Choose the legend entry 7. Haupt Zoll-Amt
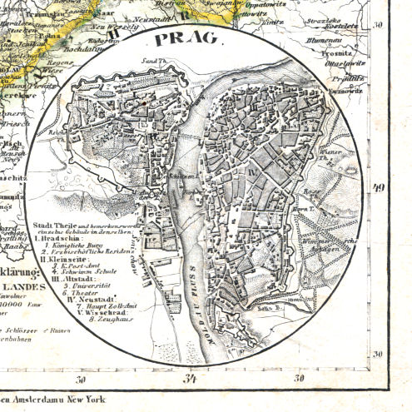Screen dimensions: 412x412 coord(93,309)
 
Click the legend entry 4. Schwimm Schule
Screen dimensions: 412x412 coord(87,271)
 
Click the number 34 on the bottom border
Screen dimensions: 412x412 coord(192,382)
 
